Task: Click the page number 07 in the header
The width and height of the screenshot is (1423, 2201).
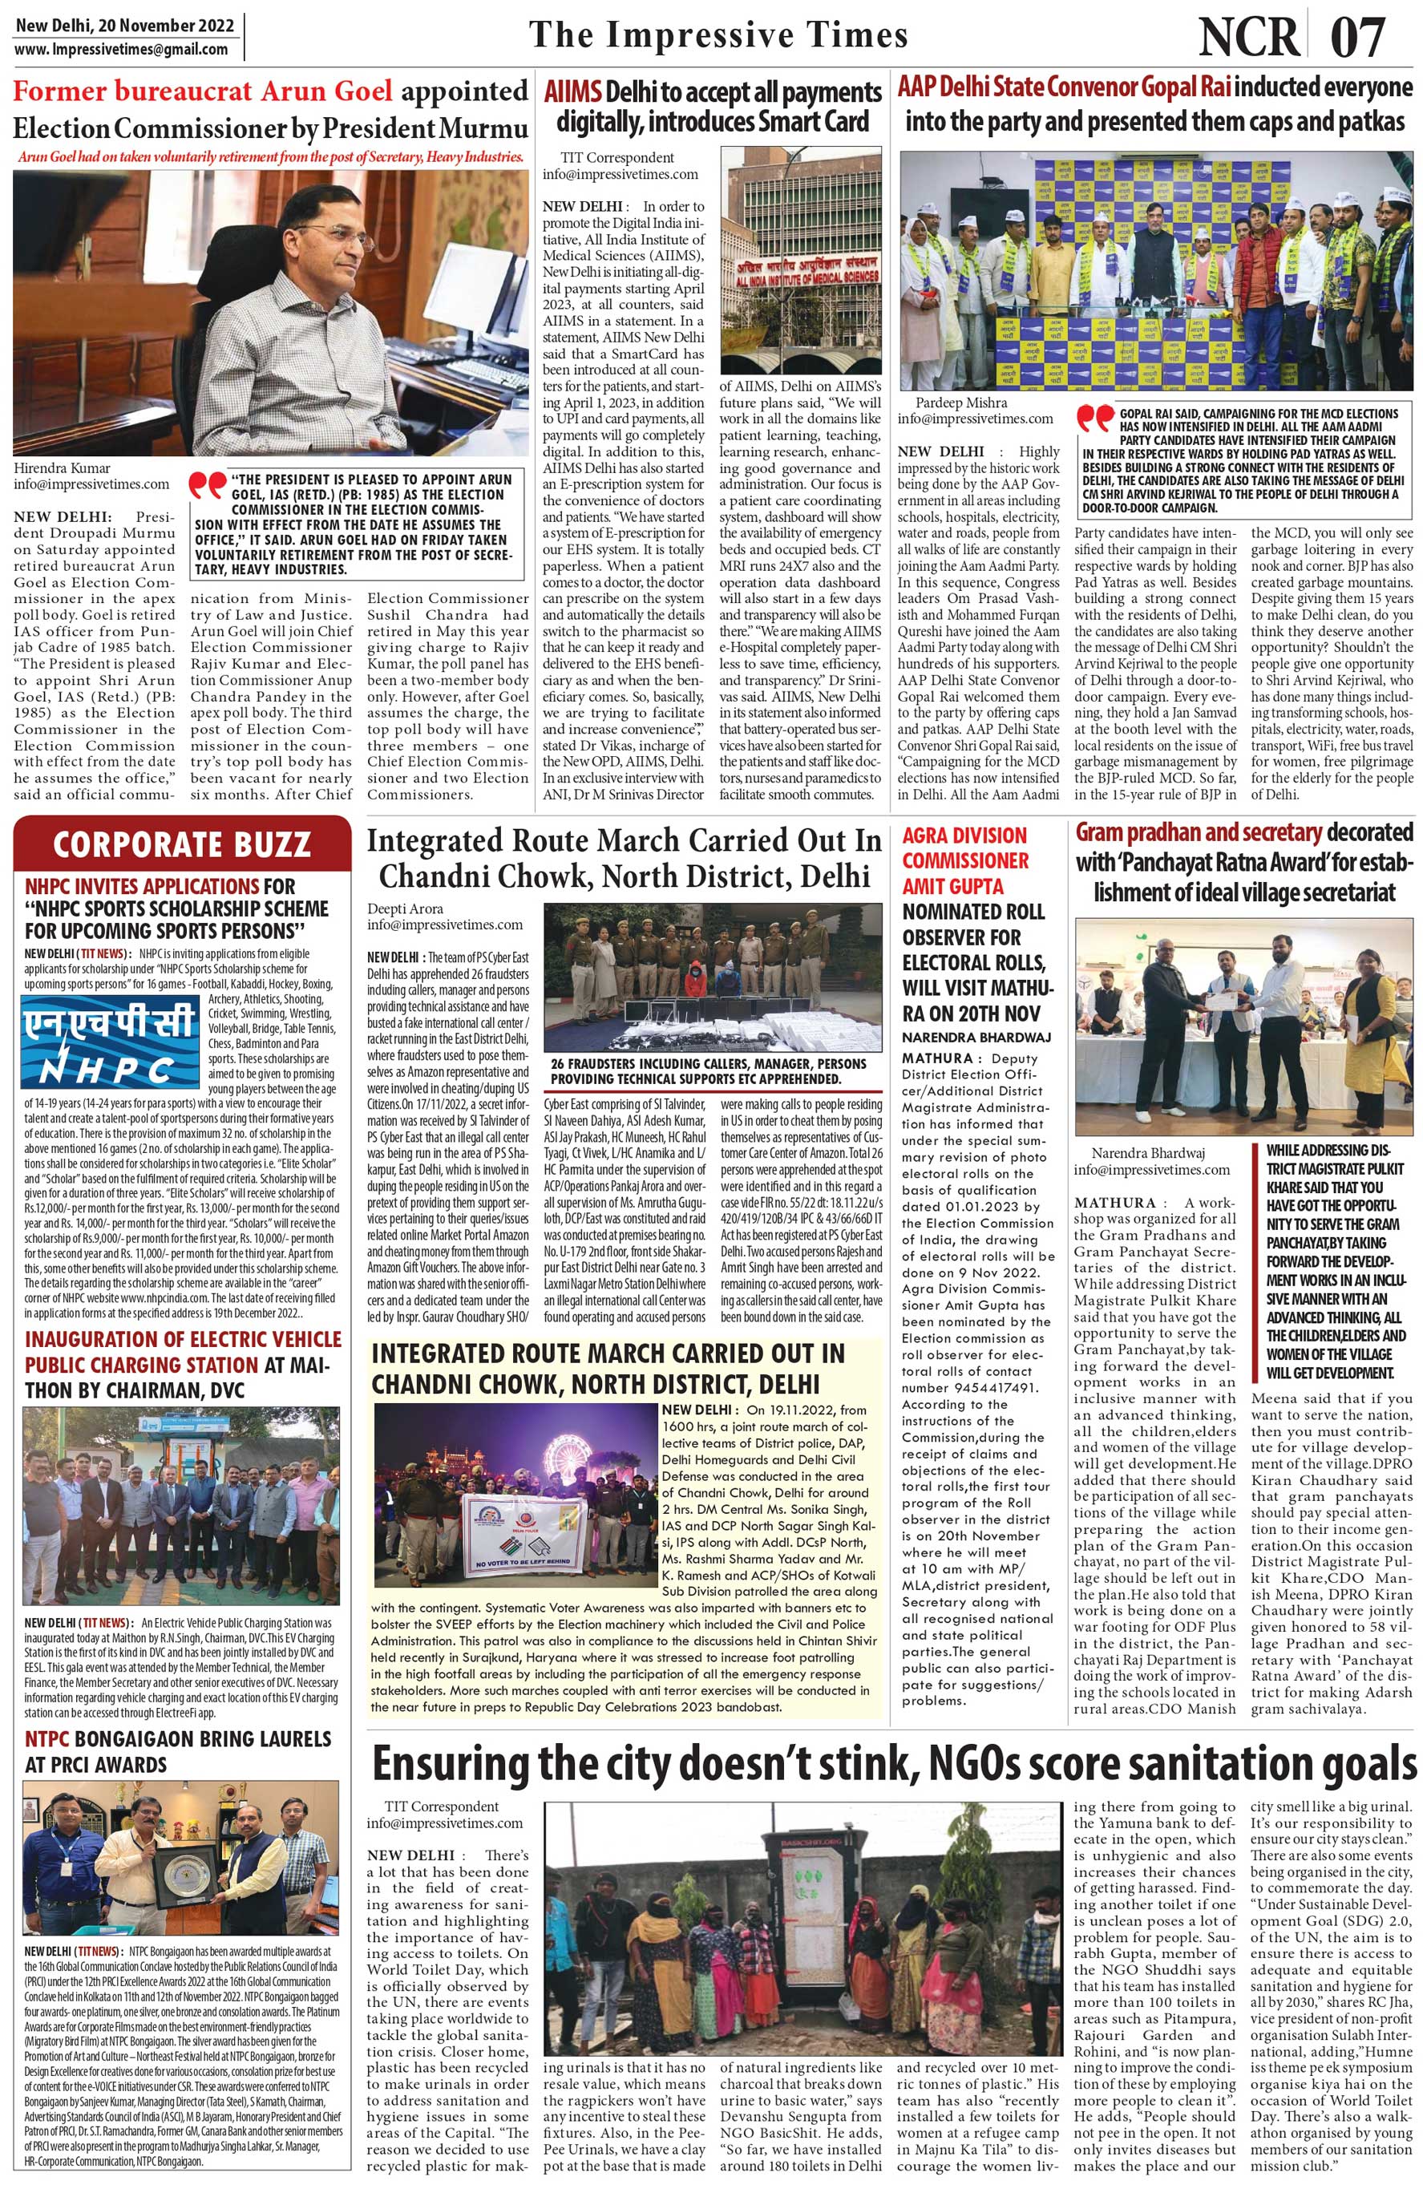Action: pyautogui.click(x=1357, y=37)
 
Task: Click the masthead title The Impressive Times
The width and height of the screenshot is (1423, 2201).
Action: pyautogui.click(x=718, y=35)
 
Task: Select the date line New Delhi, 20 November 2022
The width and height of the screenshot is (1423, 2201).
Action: pyautogui.click(x=125, y=25)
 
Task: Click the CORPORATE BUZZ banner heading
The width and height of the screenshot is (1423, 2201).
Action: pyautogui.click(x=182, y=844)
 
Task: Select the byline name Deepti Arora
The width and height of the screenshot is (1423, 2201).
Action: pyautogui.click(x=406, y=909)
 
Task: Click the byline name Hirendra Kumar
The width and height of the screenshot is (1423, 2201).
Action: pyautogui.click(x=62, y=468)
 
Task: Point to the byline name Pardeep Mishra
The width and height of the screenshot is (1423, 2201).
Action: pyautogui.click(x=962, y=403)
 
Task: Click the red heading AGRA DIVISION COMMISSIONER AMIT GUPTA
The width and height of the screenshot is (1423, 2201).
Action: pyautogui.click(x=965, y=861)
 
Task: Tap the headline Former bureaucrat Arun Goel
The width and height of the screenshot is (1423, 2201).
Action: pyautogui.click(x=202, y=91)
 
